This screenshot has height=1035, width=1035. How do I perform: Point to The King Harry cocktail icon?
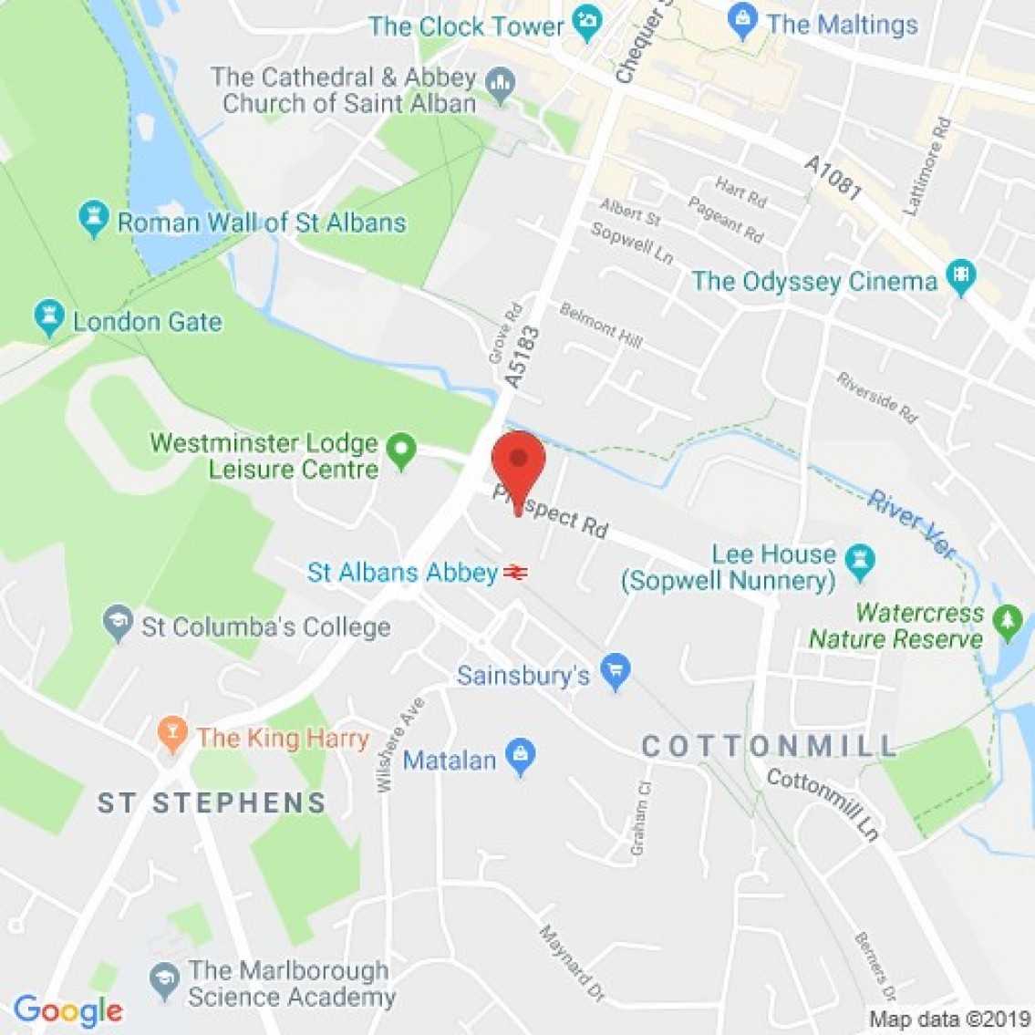click(x=171, y=734)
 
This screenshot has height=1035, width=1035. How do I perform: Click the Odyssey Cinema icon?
click(x=960, y=277)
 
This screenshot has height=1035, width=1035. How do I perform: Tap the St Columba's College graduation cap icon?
click(x=117, y=624)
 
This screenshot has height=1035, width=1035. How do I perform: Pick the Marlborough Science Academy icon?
click(x=164, y=979)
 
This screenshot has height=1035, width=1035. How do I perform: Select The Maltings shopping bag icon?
click(x=744, y=21)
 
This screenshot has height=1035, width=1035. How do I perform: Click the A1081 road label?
click(x=833, y=177)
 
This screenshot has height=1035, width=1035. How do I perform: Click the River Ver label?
click(x=912, y=523)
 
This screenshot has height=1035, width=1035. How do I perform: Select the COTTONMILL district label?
click(x=771, y=747)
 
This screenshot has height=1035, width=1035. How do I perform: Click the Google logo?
click(x=67, y=1010)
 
